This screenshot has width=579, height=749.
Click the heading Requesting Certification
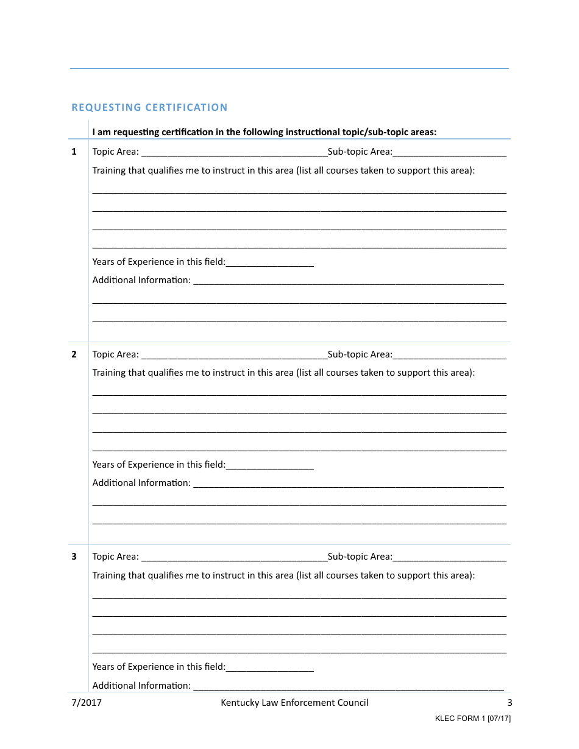click(x=149, y=108)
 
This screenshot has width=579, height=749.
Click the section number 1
click(x=74, y=152)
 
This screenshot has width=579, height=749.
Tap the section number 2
click(x=74, y=354)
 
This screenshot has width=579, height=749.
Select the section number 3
click(x=74, y=557)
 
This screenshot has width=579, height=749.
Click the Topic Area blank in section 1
click(x=234, y=152)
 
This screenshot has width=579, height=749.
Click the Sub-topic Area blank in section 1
click(x=449, y=152)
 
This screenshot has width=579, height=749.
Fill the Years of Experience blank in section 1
click(x=269, y=262)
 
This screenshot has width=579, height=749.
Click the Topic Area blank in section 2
click(x=234, y=355)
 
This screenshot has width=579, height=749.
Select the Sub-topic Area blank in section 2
click(x=449, y=355)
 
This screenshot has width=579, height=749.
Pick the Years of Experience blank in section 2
click(x=269, y=465)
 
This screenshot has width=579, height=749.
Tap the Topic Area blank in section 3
click(x=234, y=557)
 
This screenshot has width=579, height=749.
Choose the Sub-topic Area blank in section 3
click(x=449, y=557)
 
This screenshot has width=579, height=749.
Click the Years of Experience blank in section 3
click(x=269, y=667)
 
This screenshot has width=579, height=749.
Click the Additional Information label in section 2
click(x=141, y=483)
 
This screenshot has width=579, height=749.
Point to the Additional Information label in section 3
click(x=141, y=686)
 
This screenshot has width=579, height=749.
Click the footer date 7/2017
click(x=87, y=703)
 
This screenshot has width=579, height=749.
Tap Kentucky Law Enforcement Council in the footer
click(x=294, y=703)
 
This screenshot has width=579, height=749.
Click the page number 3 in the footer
click(x=510, y=703)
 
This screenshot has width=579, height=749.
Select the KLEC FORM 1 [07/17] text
click(x=472, y=719)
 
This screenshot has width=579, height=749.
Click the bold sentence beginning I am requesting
click(x=264, y=132)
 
